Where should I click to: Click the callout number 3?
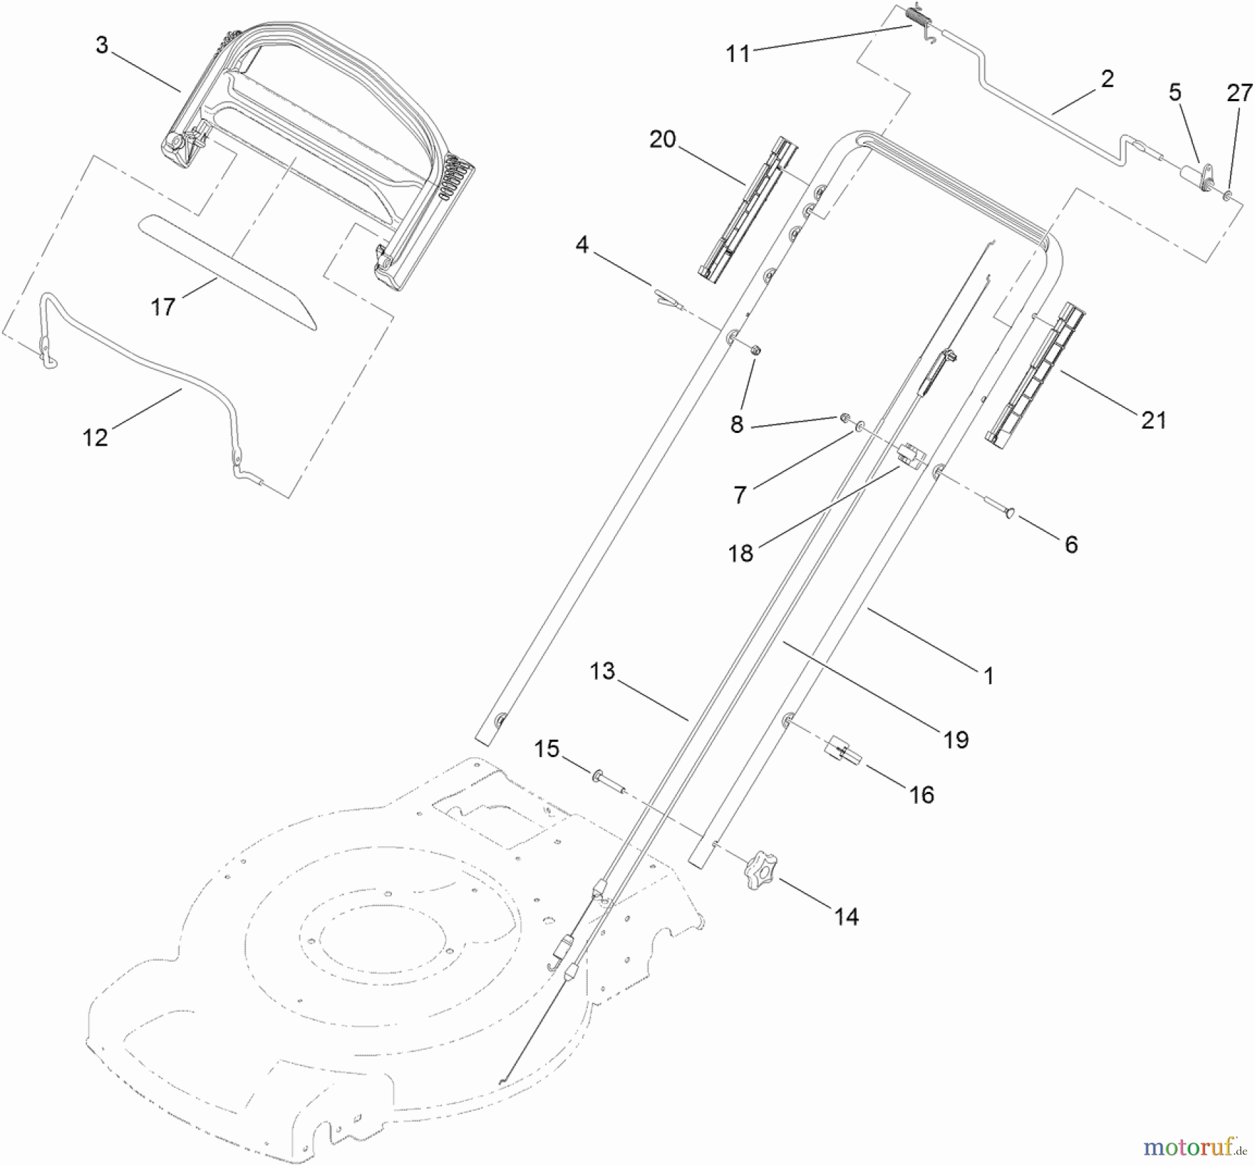tap(102, 46)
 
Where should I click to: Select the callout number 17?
tap(163, 307)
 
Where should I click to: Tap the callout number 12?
tap(96, 438)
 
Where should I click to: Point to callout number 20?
tap(662, 139)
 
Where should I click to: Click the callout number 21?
tap(1154, 420)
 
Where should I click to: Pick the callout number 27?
tap(1240, 93)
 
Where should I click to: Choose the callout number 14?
tap(846, 917)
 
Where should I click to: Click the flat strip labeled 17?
tap(227, 272)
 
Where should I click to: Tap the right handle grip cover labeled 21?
tap(1035, 375)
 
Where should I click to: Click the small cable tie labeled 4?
tap(667, 298)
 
